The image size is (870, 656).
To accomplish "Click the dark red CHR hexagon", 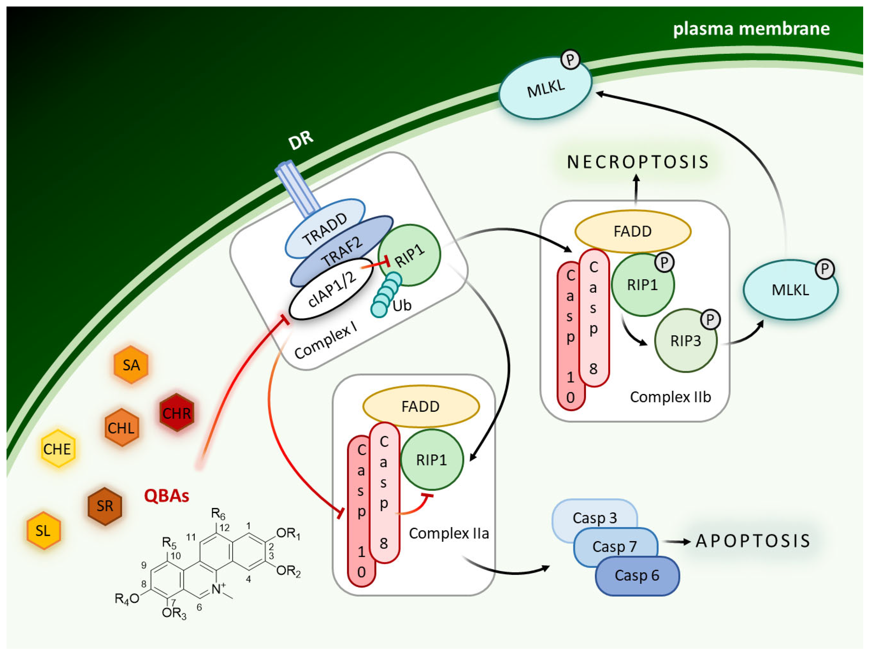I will pos(176,412).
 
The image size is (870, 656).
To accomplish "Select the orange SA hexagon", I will pos(131,365).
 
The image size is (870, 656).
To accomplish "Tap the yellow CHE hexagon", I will pos(58,448).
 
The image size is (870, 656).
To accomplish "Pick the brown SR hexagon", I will pos(105,506).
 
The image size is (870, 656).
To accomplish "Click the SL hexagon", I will pos(43,531).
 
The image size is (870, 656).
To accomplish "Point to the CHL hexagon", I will pos(121,427).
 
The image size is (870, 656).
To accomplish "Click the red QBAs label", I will pos(166,496).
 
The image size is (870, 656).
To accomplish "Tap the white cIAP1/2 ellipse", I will pos(331,289).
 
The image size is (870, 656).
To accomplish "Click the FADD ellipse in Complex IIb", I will pos(632,231).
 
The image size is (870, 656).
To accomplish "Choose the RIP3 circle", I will pos(685,341).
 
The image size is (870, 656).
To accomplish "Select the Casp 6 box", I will pos(637,575).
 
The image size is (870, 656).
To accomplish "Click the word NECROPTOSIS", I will pos(638,162).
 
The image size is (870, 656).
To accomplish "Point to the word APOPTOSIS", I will pos(753,541).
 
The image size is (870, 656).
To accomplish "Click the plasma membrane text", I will pos(751,29).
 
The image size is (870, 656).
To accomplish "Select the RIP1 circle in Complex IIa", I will pos(431,460).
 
